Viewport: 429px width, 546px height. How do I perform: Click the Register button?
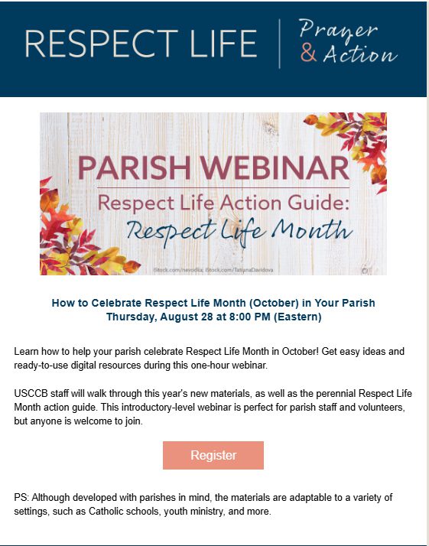(213, 455)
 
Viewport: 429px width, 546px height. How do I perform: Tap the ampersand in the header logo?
(308, 54)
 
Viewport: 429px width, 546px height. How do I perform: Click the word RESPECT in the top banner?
(102, 44)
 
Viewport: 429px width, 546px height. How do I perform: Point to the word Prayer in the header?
(338, 30)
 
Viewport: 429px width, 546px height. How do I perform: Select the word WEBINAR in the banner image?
(275, 167)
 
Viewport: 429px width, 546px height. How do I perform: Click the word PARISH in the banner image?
(135, 167)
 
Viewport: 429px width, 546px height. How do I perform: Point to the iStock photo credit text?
(213, 270)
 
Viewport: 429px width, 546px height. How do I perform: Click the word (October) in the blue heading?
(274, 303)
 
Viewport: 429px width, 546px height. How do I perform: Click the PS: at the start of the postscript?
(21, 498)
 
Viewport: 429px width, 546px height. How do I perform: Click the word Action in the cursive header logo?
(360, 54)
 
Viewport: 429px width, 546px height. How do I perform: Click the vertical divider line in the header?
(280, 44)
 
